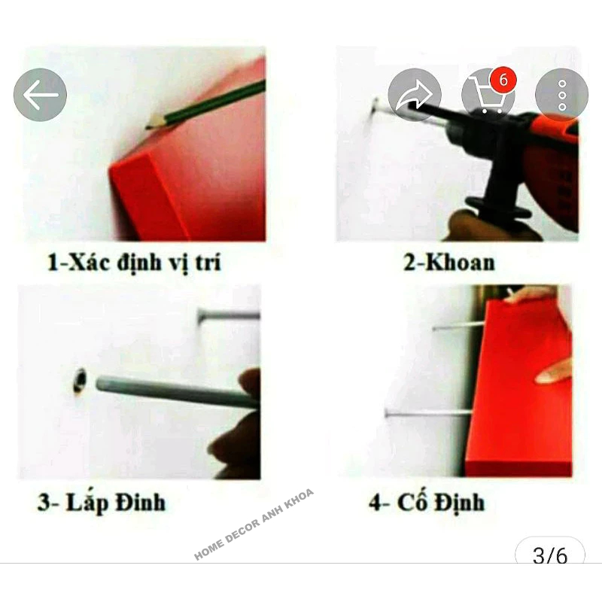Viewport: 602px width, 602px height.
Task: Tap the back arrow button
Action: (40, 95)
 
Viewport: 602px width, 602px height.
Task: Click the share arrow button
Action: (415, 95)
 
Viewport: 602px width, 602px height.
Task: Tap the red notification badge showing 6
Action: (503, 81)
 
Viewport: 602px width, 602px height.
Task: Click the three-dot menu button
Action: (561, 95)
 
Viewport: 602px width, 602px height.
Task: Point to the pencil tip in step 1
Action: (148, 126)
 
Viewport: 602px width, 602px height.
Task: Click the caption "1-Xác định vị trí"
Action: (134, 263)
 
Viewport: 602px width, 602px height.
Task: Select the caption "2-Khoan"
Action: (448, 263)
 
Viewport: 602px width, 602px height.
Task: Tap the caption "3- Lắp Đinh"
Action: (102, 502)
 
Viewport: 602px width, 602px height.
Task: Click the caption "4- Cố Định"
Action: (427, 502)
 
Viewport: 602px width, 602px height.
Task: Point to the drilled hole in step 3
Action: (80, 381)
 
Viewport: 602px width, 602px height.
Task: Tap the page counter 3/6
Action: (550, 555)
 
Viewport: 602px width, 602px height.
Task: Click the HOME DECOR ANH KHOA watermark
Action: (254, 524)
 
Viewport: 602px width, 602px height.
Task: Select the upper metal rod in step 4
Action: (459, 327)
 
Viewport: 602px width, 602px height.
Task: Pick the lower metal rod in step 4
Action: (429, 413)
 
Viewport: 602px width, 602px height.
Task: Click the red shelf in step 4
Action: (519, 388)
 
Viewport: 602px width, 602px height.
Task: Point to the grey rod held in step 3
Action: (178, 392)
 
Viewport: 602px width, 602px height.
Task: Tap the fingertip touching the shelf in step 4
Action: (540, 379)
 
